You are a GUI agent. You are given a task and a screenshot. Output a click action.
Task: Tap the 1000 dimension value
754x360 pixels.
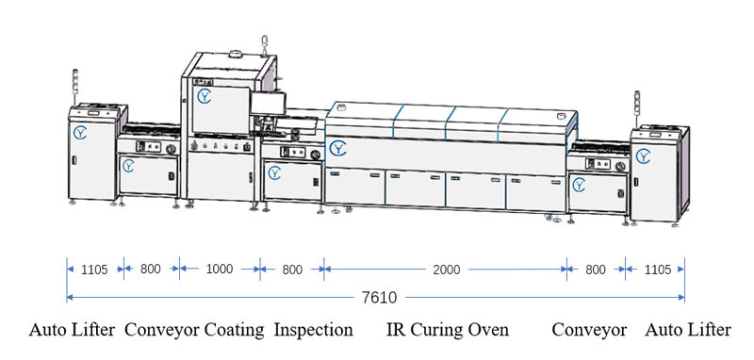tap(219, 270)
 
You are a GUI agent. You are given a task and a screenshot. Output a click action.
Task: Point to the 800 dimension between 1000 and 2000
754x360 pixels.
tap(292, 270)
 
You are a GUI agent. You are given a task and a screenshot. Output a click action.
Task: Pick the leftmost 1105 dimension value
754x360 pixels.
tap(93, 270)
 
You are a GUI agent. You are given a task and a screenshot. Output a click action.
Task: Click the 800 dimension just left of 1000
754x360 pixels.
tap(151, 270)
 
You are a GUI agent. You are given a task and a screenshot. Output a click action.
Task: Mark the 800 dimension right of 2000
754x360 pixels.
tap(596, 270)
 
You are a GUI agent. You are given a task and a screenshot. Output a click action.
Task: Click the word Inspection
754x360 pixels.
tap(313, 330)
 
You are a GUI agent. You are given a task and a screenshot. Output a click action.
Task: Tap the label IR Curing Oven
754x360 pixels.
tap(448, 330)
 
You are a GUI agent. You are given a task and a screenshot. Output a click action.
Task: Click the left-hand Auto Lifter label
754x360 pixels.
tap(72, 330)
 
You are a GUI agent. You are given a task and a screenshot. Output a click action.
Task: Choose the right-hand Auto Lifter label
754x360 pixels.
tap(687, 330)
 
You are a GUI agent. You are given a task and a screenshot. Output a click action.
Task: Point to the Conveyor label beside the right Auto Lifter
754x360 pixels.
tap(589, 330)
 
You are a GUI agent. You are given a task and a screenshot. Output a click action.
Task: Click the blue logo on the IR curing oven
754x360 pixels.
tap(337, 148)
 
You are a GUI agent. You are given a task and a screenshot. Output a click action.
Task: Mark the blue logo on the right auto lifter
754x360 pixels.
tap(644, 155)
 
